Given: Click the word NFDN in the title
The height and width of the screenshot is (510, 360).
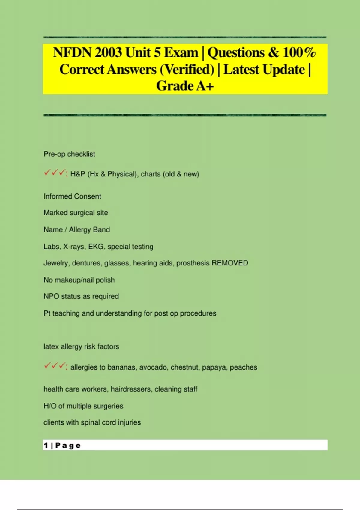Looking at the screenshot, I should (72, 53).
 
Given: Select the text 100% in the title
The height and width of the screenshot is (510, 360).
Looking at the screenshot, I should (299, 53).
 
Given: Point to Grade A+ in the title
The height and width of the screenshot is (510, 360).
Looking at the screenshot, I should (185, 86).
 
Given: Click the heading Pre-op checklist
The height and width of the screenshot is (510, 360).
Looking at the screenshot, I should (69, 154).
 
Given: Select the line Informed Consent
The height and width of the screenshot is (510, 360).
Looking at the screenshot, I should (72, 196).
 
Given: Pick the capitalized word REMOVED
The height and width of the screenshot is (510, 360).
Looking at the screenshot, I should (230, 263).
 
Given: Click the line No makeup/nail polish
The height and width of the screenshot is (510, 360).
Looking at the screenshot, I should (79, 280).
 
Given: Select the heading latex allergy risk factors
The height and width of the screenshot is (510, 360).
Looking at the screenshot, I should (81, 346).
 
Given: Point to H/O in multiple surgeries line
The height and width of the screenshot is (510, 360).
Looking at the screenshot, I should (50, 406).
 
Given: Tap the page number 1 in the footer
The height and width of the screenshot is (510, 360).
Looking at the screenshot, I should (46, 445).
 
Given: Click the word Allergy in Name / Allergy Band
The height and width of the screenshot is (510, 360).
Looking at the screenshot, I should (80, 230).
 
